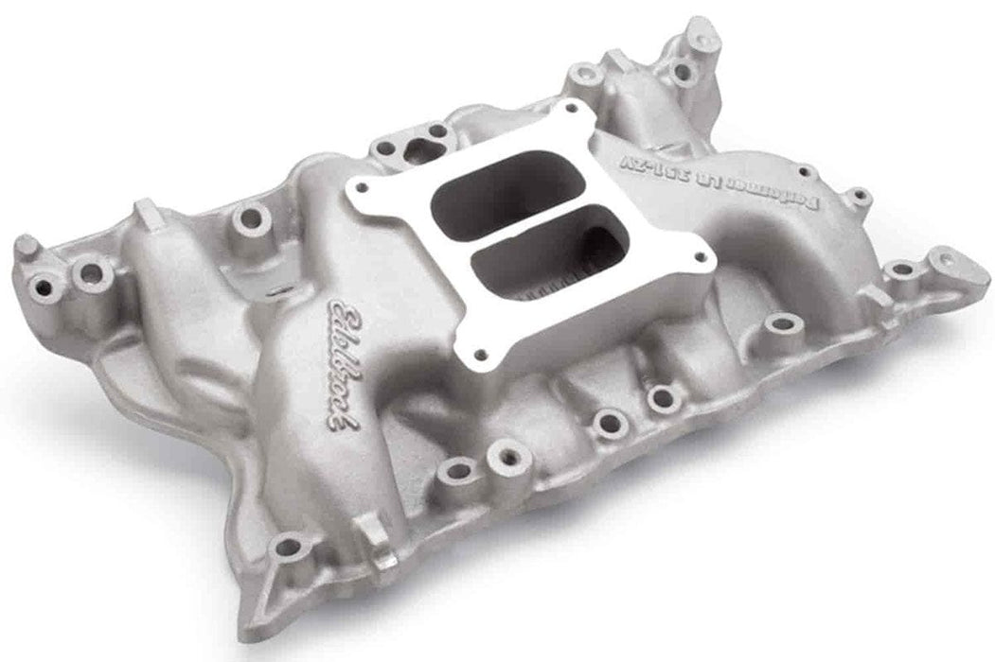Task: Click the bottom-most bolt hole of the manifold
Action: coord(287,546)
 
